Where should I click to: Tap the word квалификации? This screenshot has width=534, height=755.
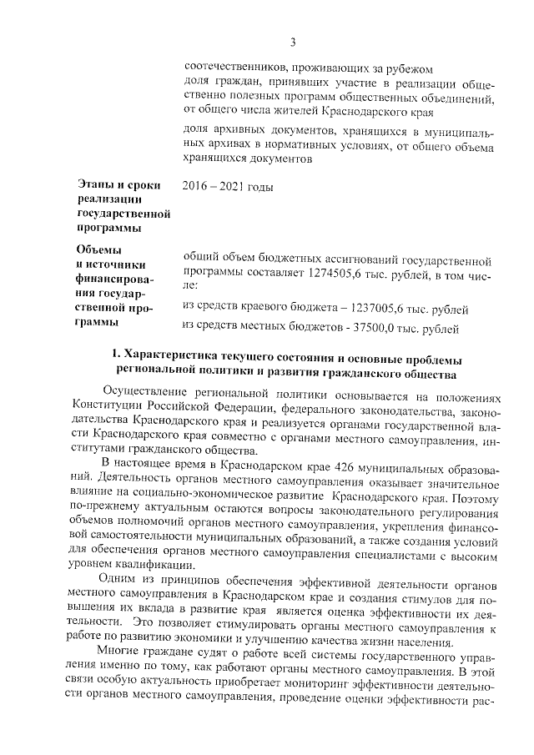click(147, 563)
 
